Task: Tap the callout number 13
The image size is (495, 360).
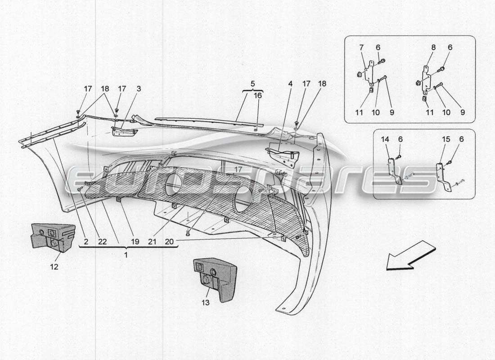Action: click(x=206, y=303)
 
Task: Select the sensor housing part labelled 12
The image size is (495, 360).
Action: click(x=53, y=237)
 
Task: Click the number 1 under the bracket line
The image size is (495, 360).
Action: click(x=126, y=255)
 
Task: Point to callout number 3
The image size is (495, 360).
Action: click(x=139, y=89)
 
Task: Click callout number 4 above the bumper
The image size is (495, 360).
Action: click(x=290, y=84)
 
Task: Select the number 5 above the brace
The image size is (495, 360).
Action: click(x=252, y=83)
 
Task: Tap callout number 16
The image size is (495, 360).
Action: click(x=257, y=96)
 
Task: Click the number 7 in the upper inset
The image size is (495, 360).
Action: click(x=361, y=47)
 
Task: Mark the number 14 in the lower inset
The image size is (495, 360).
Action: click(x=385, y=139)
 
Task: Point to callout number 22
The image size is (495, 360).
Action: click(x=103, y=242)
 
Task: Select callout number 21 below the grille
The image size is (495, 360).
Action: click(x=152, y=242)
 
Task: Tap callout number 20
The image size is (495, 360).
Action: click(x=169, y=242)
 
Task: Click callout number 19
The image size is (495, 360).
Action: click(x=135, y=242)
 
